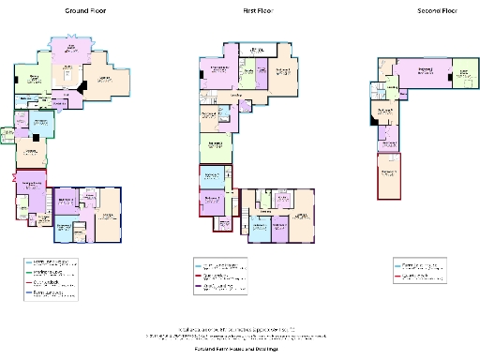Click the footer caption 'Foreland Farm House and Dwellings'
pyautogui.click(x=239, y=347)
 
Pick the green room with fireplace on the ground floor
pyautogui.click(x=31, y=151)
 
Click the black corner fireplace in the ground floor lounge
pyautogui.click(x=85, y=86)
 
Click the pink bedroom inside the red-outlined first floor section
pyautogui.click(x=212, y=201)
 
